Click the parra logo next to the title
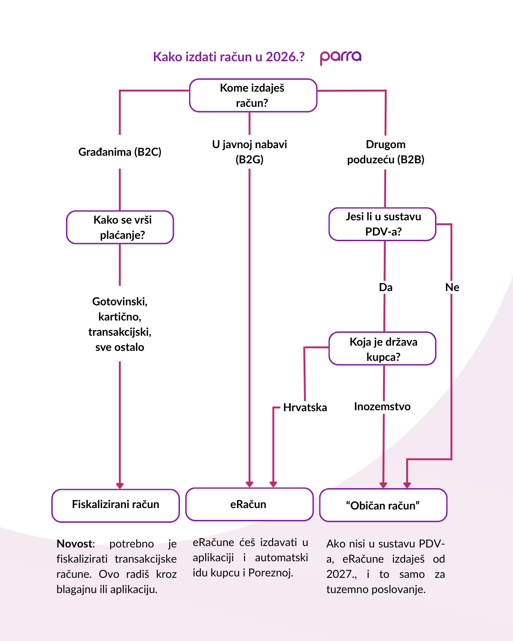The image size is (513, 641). tap(341, 57)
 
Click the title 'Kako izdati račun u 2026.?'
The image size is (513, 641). tap(228, 57)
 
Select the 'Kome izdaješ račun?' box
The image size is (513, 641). tap(253, 95)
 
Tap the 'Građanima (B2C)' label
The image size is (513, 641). tap(120, 152)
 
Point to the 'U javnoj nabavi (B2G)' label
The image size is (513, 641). tap(249, 151)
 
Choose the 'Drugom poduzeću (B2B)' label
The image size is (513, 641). tap(386, 152)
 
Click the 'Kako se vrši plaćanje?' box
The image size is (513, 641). tap(120, 227)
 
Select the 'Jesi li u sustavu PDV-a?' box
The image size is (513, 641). tap(382, 224)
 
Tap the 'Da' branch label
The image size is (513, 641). tap(386, 287)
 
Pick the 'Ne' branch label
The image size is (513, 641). tap(452, 287)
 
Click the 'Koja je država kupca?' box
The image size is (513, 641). tap(382, 349)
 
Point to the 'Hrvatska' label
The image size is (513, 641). tap(305, 407)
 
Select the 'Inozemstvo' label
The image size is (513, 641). tap(382, 406)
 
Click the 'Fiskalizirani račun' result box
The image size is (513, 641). tap(115, 505)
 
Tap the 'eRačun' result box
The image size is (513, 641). tap(249, 504)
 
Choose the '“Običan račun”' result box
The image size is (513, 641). tap(383, 505)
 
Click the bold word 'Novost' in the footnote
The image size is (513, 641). tap(75, 544)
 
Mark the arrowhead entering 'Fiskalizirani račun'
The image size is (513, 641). tap(120, 485)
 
